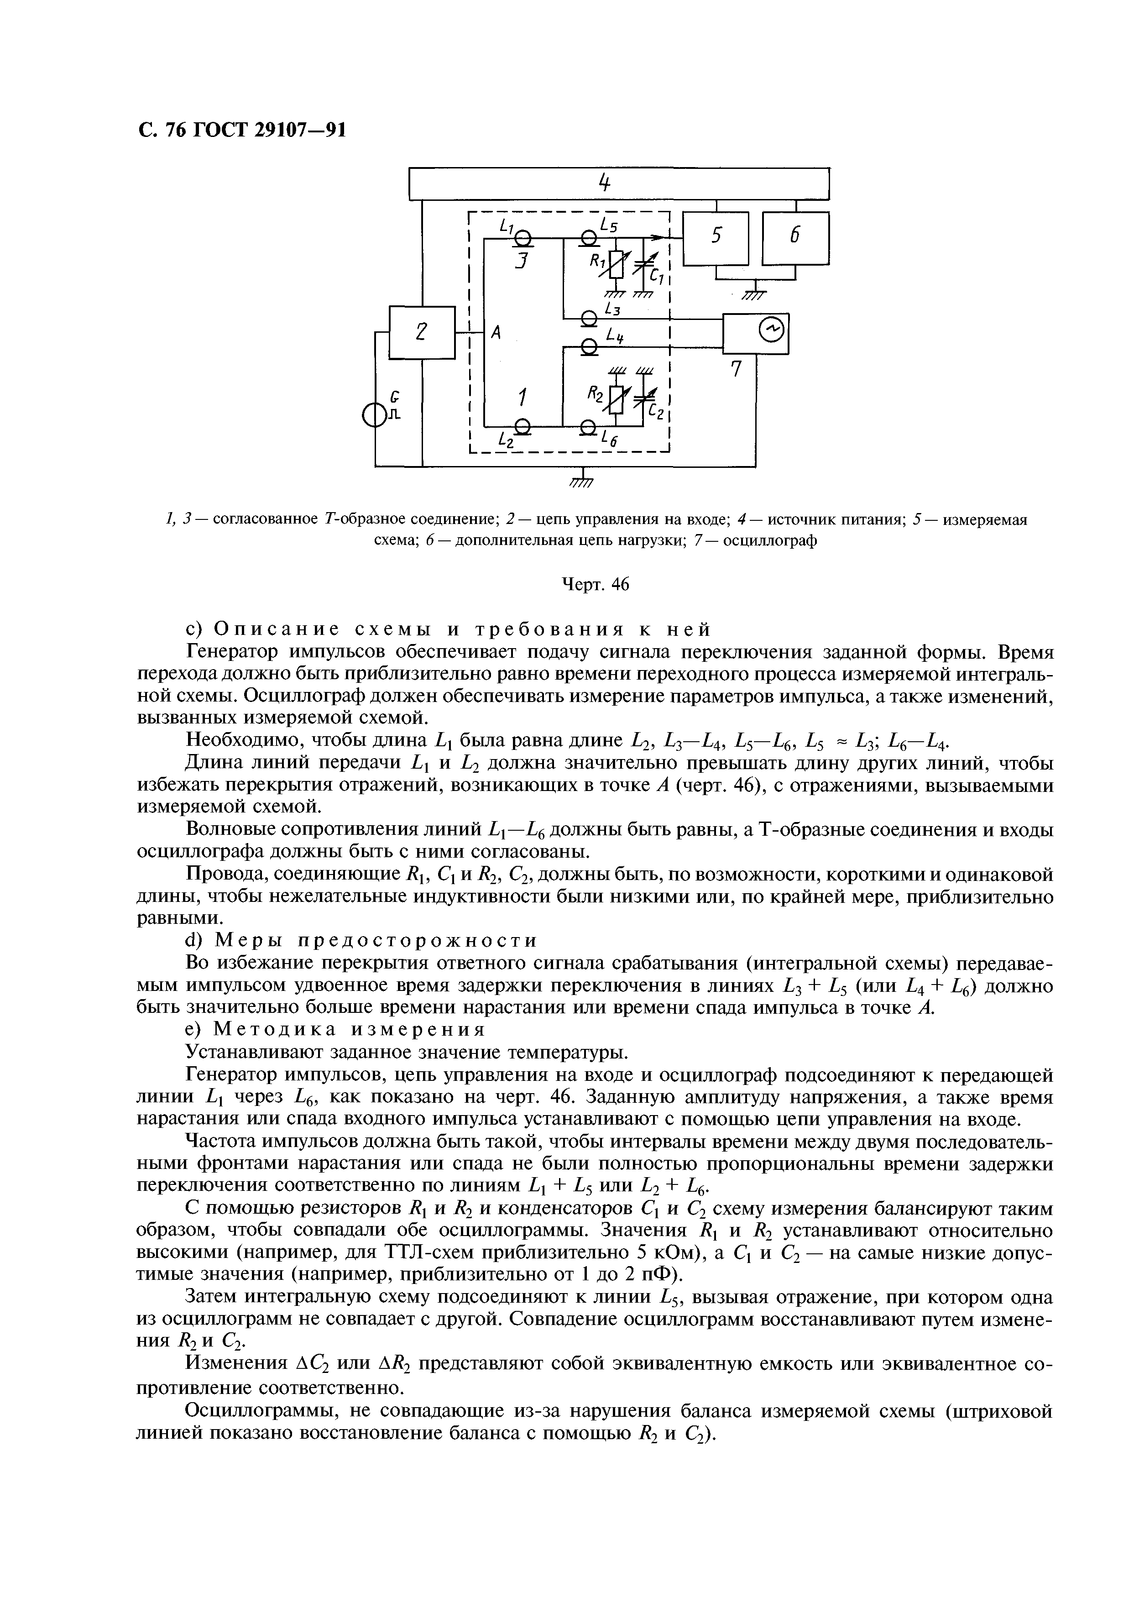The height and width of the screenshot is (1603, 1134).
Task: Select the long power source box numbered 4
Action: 619,183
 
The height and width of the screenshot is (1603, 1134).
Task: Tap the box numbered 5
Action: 715,238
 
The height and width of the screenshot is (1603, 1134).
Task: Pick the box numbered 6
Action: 795,238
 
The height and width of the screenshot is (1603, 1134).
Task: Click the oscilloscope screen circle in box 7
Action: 772,334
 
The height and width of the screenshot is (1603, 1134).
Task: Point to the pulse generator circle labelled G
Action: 375,417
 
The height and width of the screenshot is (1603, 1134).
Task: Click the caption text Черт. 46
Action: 596,585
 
